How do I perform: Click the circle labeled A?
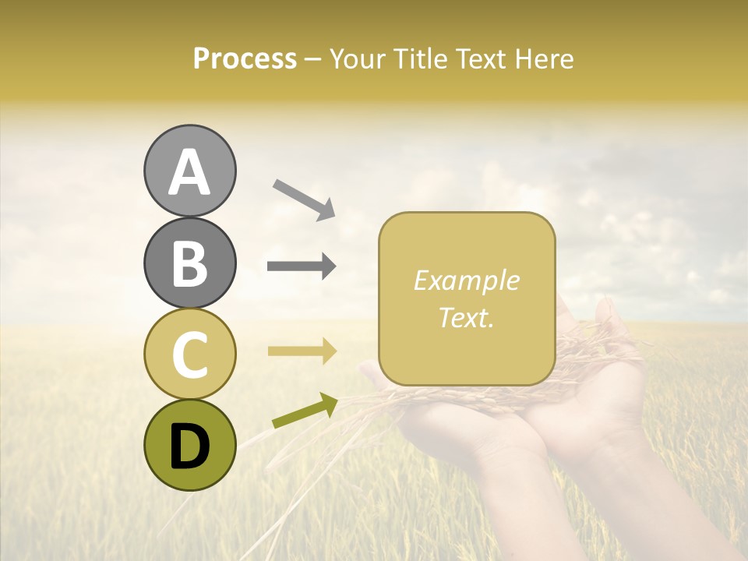[189, 171]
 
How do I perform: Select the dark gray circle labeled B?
[189, 263]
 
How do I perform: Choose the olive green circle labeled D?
[189, 445]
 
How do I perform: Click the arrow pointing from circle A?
[304, 199]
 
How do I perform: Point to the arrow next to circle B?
[302, 266]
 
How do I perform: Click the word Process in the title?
[245, 58]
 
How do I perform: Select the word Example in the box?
[466, 280]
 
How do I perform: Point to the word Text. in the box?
[466, 317]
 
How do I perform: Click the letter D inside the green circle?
[189, 446]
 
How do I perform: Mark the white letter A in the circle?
[189, 171]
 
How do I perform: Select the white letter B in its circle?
[189, 263]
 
